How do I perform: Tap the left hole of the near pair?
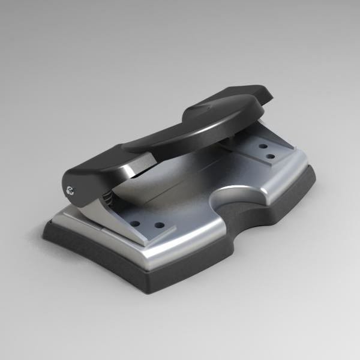click(x=136, y=223)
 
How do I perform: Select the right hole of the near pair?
click(x=159, y=226)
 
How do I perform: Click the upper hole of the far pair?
click(x=263, y=145)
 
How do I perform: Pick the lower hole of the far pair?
click(x=270, y=157)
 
